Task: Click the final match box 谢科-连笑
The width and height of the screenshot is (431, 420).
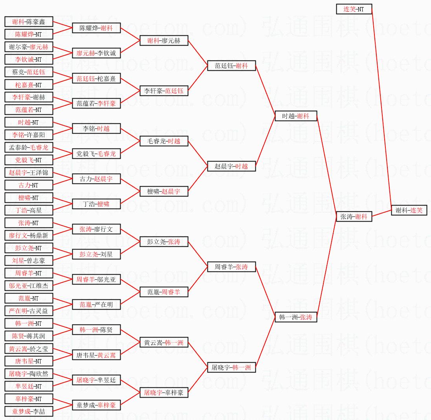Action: [409, 211]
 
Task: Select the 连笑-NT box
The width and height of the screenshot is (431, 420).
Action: [354, 9]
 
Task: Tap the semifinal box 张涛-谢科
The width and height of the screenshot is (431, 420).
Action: [354, 216]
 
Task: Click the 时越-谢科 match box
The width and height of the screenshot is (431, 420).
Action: [296, 116]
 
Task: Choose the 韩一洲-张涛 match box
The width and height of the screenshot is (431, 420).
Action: [296, 317]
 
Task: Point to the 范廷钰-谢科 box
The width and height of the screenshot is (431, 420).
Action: [231, 66]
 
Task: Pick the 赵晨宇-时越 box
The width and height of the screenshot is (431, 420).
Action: [231, 166]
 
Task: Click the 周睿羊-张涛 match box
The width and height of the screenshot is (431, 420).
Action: [231, 267]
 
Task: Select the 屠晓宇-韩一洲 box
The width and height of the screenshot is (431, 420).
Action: [231, 367]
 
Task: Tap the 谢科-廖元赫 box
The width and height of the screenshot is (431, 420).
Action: [164, 40]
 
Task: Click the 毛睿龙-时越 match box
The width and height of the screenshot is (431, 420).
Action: [164, 141]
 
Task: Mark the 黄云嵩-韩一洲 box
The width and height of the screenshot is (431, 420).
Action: [164, 343]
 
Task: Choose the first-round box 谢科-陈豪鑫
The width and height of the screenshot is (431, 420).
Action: [28, 22]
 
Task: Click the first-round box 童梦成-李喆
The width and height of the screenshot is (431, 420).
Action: [28, 411]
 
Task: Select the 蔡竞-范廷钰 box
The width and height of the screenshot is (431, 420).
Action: [28, 72]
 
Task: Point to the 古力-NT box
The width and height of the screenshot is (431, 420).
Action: [28, 185]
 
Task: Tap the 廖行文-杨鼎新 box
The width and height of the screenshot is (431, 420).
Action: [28, 235]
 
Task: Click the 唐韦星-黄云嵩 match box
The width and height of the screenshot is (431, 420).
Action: [96, 355]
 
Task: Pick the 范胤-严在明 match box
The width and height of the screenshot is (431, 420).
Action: [96, 304]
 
